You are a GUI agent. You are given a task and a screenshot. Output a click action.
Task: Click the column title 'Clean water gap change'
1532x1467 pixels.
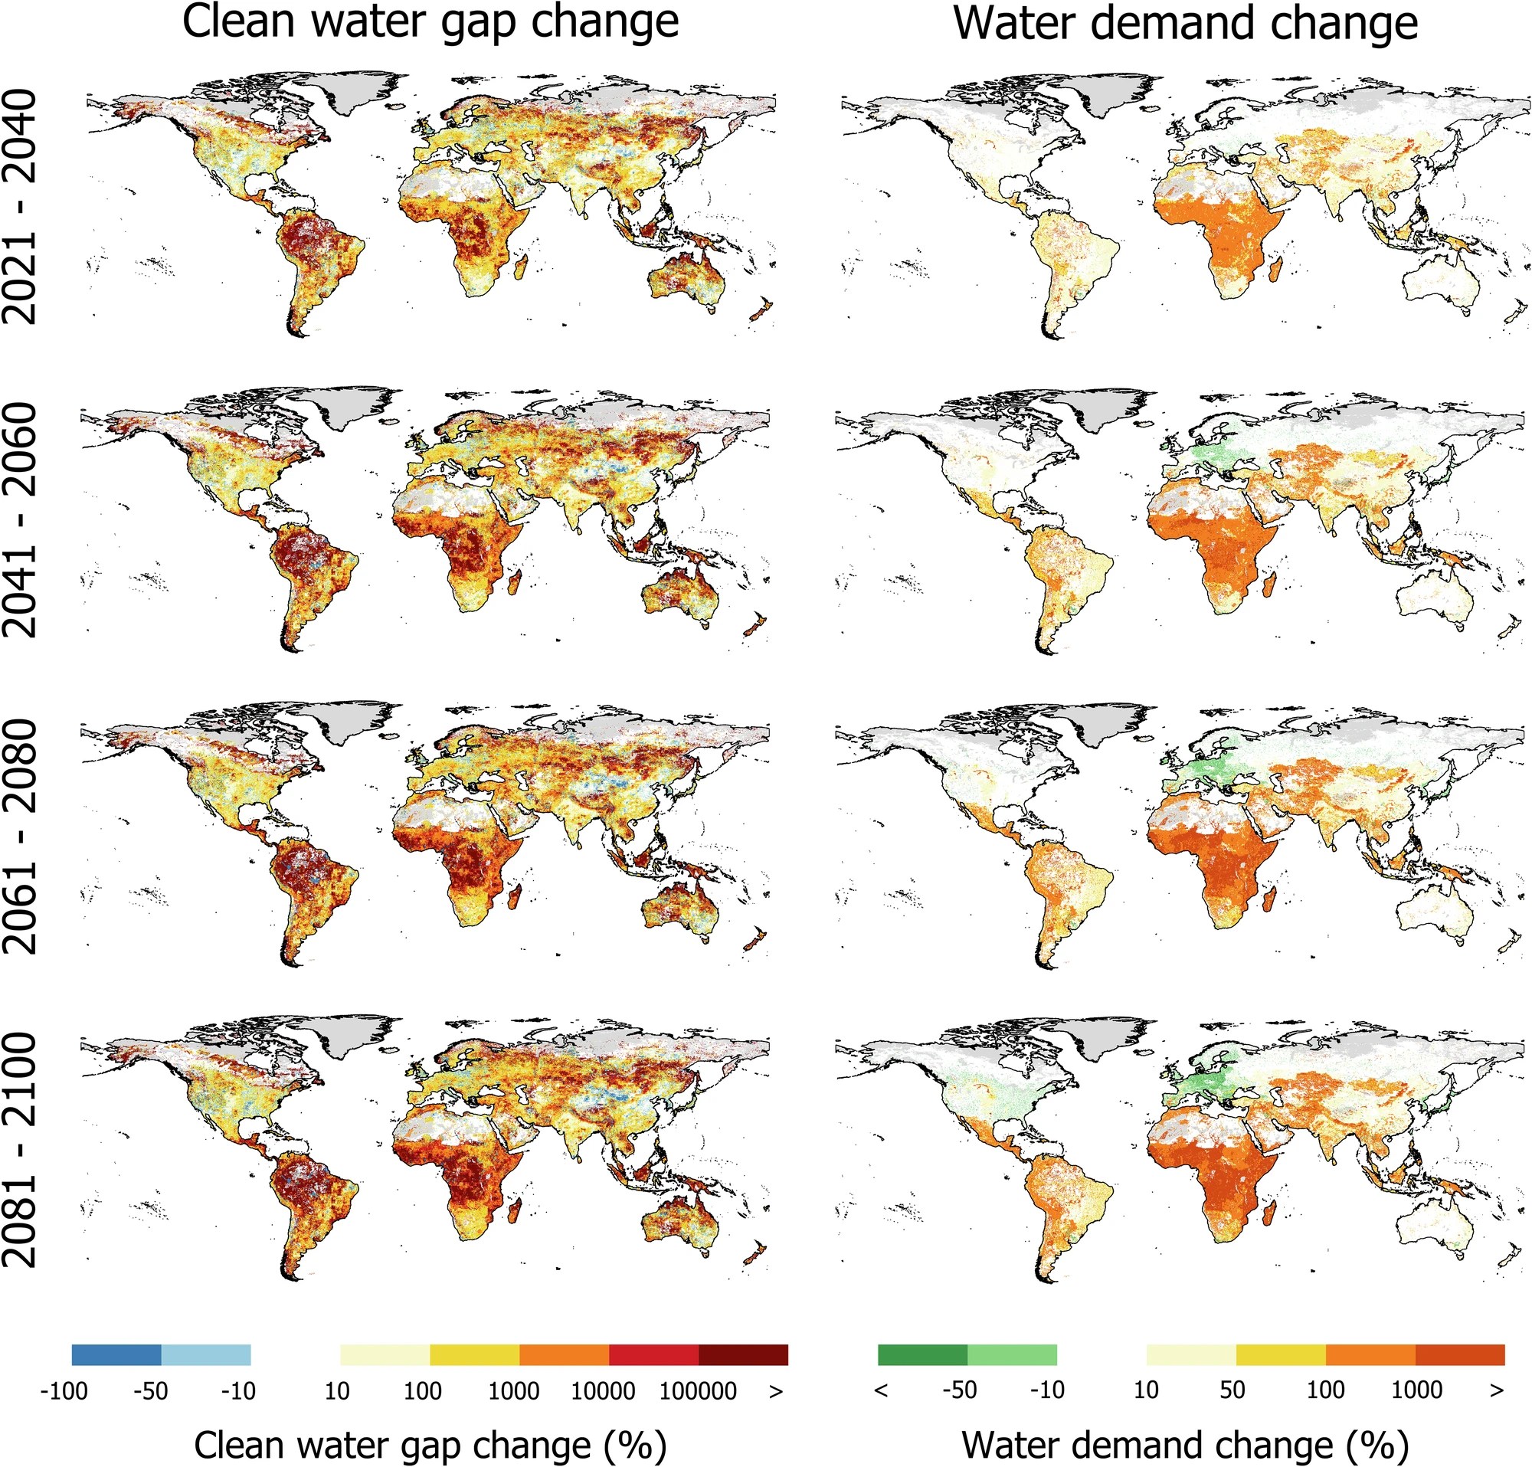430,24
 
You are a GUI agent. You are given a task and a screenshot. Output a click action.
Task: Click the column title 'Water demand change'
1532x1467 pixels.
1186,24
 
